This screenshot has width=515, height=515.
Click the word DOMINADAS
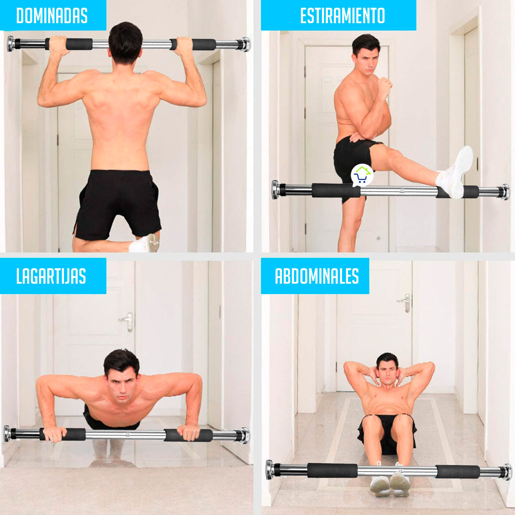click(52, 16)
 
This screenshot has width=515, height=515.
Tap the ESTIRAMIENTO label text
click(342, 16)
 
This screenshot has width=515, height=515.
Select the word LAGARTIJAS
click(51, 276)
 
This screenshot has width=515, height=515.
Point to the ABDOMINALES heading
click(317, 276)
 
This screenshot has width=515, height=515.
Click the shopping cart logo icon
click(362, 176)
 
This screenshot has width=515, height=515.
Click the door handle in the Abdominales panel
click(405, 303)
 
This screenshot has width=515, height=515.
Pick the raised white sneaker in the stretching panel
click(454, 171)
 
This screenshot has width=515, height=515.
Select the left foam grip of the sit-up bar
click(332, 471)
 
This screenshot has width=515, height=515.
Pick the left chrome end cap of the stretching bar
click(276, 190)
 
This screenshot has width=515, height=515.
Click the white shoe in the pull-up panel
click(144, 243)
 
